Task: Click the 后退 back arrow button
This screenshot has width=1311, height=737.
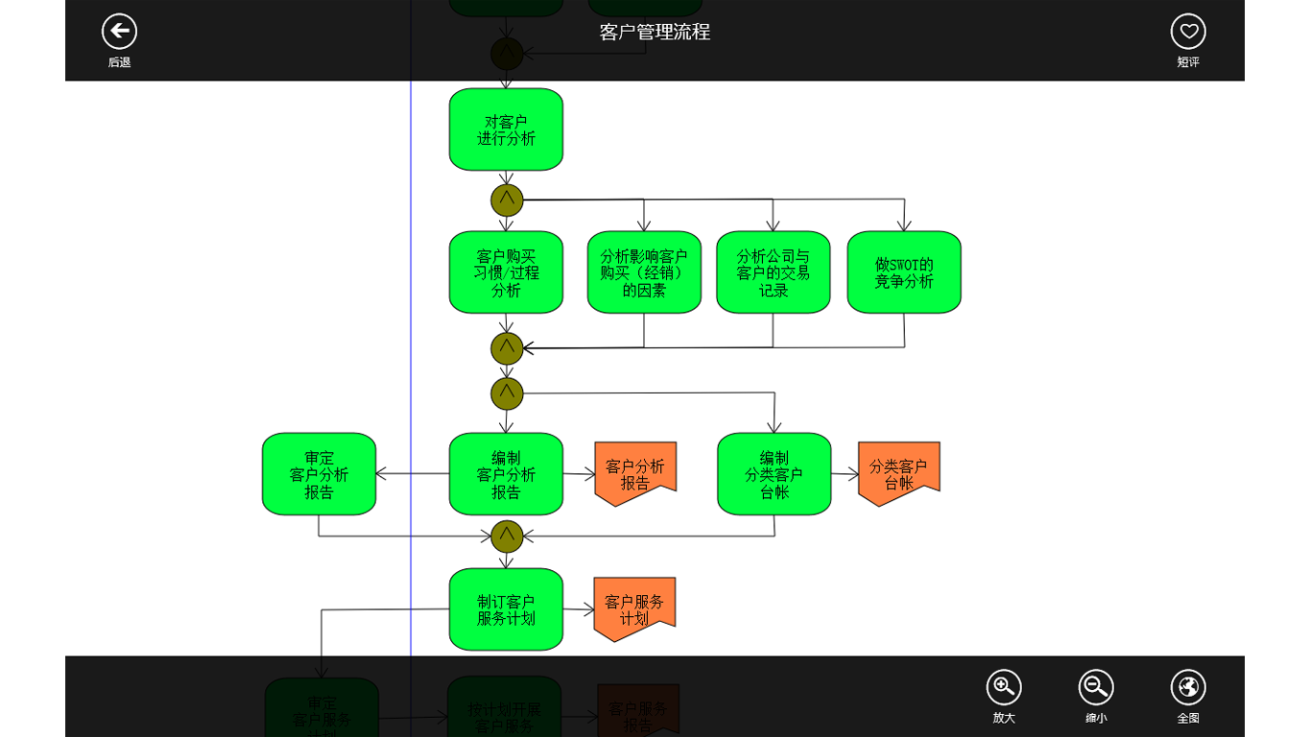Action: (119, 32)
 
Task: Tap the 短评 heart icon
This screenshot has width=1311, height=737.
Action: (1188, 32)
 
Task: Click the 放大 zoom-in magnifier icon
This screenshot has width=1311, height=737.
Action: (1004, 687)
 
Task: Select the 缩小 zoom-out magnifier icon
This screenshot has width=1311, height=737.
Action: (1096, 687)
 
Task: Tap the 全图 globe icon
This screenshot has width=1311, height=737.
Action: (1188, 687)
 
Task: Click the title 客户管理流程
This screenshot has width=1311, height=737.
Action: (655, 32)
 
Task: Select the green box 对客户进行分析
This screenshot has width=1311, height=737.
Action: (506, 130)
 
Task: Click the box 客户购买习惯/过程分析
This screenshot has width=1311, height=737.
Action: (506, 273)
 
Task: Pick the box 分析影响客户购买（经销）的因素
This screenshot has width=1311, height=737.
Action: (644, 273)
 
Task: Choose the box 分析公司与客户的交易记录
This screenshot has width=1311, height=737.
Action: (773, 273)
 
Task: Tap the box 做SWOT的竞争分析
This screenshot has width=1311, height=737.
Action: (904, 273)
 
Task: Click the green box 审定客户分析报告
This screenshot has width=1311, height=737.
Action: (319, 474)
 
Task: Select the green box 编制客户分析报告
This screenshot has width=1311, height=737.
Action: (506, 474)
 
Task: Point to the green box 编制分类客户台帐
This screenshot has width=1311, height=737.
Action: (775, 474)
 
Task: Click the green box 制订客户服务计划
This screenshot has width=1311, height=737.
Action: (506, 609)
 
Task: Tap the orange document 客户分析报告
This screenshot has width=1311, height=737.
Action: (635, 472)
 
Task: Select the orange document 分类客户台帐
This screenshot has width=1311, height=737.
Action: (898, 472)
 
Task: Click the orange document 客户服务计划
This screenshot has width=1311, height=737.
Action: (634, 607)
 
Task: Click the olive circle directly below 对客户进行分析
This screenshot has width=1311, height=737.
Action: (507, 201)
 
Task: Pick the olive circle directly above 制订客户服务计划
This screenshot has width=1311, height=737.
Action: (507, 536)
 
